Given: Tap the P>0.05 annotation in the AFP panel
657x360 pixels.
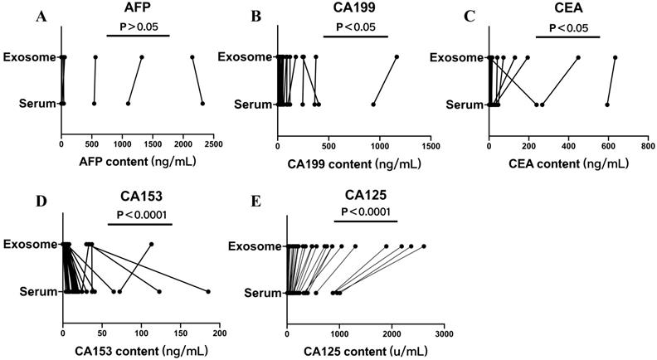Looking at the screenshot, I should point(138,26).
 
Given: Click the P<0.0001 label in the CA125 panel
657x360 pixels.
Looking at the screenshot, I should point(367,212).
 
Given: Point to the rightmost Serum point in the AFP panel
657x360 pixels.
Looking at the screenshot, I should point(202,104).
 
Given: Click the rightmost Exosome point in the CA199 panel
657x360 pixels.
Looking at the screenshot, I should point(397,56).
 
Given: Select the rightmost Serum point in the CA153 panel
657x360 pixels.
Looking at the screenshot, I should point(208,291).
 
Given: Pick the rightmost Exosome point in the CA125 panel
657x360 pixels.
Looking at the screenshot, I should point(424,246).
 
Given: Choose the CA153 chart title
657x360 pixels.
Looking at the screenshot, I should point(139,198).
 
